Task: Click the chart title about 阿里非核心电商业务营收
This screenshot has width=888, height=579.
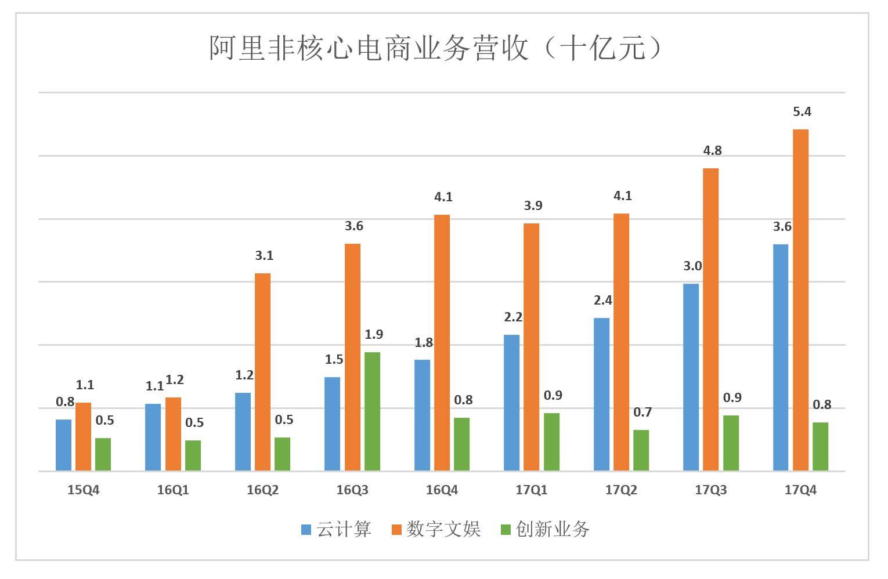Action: pos(435,48)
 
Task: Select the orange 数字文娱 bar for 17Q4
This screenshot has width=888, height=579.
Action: pos(800,299)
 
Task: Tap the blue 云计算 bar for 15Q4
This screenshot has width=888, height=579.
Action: pos(63,444)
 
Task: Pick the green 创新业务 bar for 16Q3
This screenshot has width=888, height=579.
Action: pos(372,411)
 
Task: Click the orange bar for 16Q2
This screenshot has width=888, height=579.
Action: pos(262,371)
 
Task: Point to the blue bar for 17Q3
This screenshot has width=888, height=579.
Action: pos(691,377)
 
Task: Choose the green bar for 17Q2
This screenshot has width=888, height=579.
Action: pos(641,450)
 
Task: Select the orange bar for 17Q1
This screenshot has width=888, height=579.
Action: pos(531,346)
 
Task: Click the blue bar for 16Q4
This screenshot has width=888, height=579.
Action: pos(422,415)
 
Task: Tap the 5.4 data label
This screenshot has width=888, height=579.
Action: pos(802,111)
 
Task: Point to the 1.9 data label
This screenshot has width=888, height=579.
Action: pos(374,334)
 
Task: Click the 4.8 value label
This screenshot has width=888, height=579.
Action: pos(712,150)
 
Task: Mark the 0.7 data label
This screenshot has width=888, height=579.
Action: pos(642,412)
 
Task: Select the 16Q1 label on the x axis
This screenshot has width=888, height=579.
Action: pos(173,490)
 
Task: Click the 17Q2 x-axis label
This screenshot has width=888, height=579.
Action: pos(621,490)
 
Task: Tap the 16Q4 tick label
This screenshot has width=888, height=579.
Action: pos(442,490)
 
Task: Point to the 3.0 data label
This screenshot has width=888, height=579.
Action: pos(692,266)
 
